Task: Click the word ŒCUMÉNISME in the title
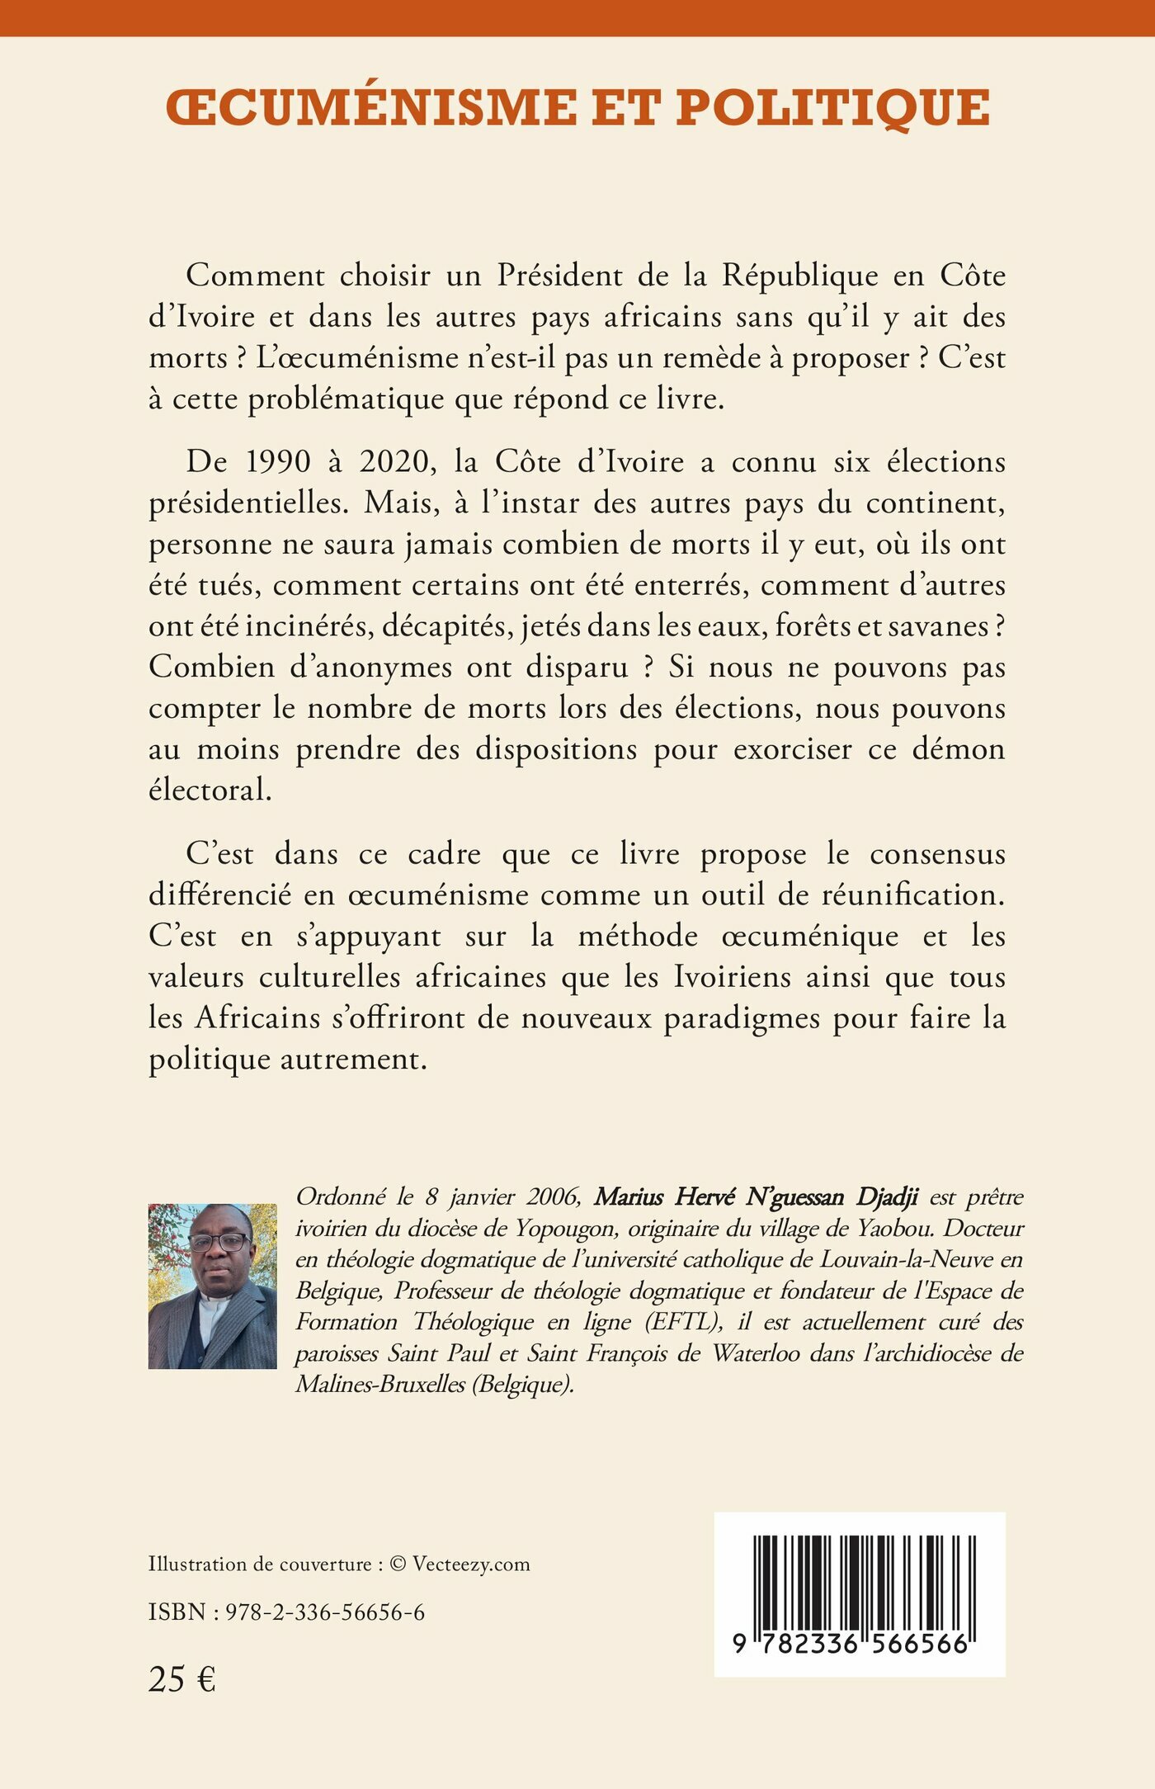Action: coord(371,108)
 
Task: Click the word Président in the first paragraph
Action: coord(559,276)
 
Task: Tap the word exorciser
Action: coord(793,750)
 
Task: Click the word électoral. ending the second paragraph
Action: coord(210,791)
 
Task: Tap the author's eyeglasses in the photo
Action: coord(218,1242)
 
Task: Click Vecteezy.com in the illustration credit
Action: coord(471,1564)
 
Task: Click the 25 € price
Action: coord(181,1678)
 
